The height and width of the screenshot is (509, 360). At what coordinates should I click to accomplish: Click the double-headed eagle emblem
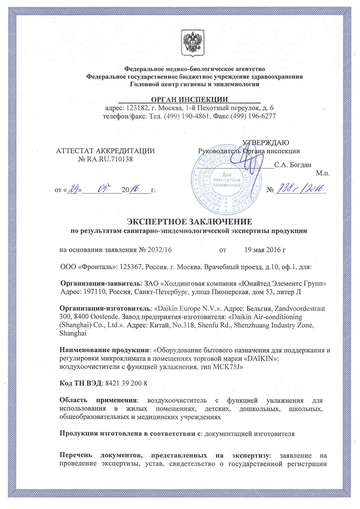(189, 41)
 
